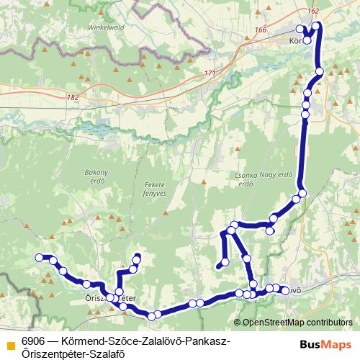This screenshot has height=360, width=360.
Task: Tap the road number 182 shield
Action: [72, 97]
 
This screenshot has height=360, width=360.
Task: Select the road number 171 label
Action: [209, 73]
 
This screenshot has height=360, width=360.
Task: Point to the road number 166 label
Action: [260, 30]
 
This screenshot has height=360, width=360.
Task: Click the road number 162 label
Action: [312, 12]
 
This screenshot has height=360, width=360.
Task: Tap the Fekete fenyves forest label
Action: [155, 189]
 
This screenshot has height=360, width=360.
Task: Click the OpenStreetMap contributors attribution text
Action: [297, 323]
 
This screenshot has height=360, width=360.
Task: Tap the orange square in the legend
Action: [9, 344]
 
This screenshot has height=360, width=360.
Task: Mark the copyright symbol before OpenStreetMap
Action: [237, 323]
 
